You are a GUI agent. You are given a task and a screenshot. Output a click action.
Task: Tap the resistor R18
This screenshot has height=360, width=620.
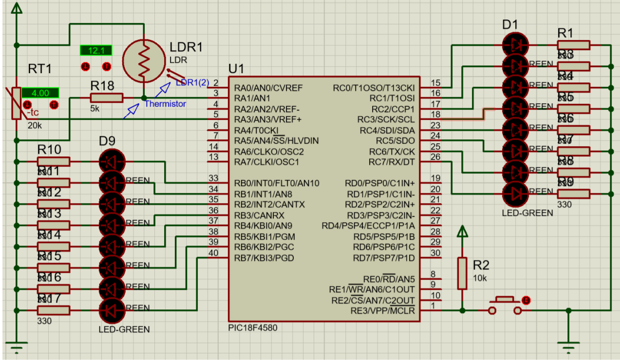coord(107,98)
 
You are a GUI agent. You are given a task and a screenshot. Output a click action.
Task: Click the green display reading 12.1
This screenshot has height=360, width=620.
coord(96,51)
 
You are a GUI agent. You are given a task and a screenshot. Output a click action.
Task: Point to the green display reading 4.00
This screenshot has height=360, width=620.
coord(40,93)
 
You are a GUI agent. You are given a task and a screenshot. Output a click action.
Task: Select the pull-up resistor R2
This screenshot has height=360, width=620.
coord(462,273)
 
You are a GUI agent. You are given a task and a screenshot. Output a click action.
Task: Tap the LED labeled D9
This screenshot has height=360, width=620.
coord(112,162)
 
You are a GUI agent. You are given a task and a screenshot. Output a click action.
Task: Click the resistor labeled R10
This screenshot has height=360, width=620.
coord(54,162)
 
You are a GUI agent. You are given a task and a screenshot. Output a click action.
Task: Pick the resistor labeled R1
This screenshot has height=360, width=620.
coord(574,45)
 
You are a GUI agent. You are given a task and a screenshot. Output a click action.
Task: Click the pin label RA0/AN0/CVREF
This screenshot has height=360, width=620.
coord(268,88)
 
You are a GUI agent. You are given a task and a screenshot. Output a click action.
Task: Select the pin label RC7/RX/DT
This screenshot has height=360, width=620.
coord(391,162)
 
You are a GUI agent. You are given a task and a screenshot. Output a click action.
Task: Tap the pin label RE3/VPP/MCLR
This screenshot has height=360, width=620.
coord(382,310)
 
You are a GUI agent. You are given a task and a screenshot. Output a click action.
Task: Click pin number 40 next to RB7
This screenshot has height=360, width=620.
coord(213,253)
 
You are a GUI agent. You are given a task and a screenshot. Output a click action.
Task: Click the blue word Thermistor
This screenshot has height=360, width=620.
coord(165,104)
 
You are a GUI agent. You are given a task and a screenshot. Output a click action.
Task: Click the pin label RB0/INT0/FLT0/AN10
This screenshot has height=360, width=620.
coord(276,183)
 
